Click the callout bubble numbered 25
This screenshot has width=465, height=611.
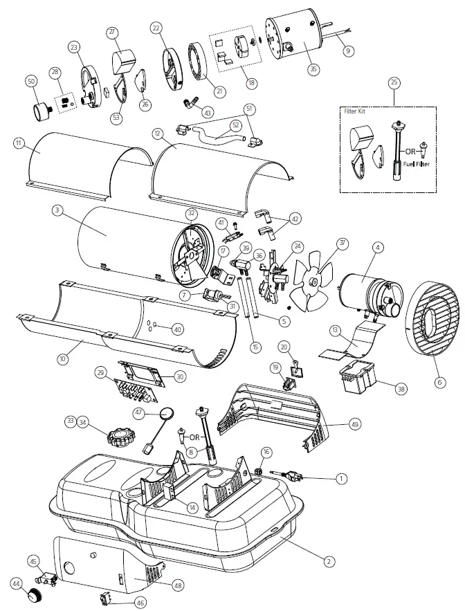pos(394,83)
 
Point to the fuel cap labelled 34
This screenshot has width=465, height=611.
pos(122,437)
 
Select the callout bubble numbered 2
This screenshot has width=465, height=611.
pos(330,560)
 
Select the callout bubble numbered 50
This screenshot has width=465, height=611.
pos(30,82)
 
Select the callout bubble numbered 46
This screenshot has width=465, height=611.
pos(140,603)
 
